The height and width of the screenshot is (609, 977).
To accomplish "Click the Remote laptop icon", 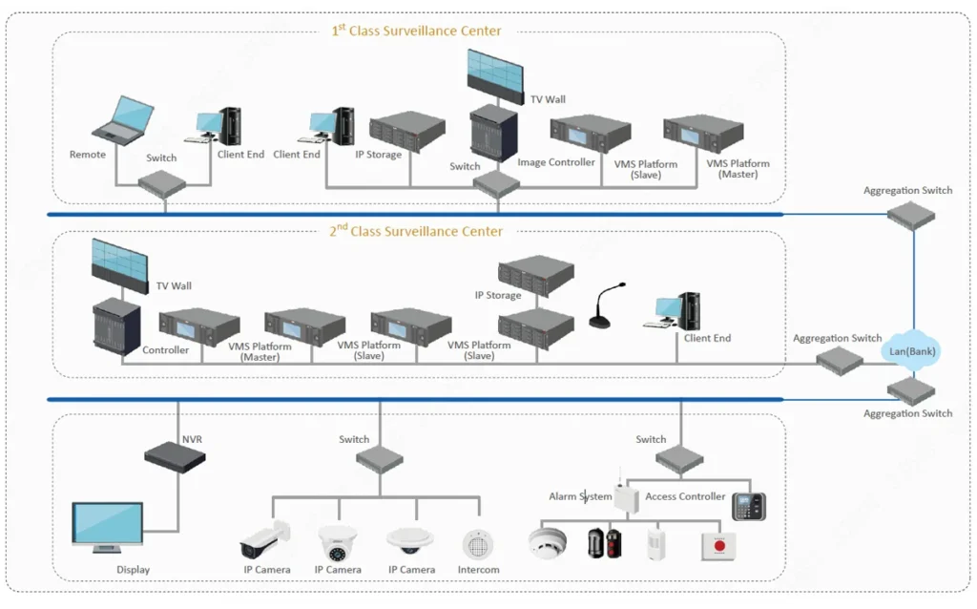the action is click(123, 120).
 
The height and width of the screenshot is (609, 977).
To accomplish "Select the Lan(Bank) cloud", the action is click(911, 351).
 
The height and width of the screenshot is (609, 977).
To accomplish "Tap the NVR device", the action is click(176, 457).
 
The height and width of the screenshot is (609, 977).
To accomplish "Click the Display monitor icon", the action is click(108, 528).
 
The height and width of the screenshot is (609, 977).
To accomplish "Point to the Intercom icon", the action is click(478, 545).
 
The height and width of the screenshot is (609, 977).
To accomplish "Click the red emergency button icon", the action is click(719, 547).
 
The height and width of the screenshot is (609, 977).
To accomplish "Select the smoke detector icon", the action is click(548, 542).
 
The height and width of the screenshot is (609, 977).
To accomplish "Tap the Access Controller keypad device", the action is click(748, 506).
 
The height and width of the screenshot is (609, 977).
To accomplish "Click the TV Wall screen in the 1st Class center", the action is click(495, 76).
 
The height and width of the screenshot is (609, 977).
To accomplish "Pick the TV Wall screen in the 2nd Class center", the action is click(119, 265).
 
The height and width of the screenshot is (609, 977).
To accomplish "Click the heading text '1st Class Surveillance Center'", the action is click(416, 31).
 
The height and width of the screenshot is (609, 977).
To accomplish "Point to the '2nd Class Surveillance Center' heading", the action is click(416, 231).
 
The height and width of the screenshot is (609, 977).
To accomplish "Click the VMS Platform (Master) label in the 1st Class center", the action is click(738, 168).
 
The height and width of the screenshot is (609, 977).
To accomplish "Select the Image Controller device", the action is click(590, 133).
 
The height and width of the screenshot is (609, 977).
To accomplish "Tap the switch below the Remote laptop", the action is click(162, 183).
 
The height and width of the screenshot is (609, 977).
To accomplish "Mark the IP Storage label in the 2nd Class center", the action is click(498, 295).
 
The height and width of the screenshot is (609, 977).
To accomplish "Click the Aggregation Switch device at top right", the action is click(911, 215).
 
